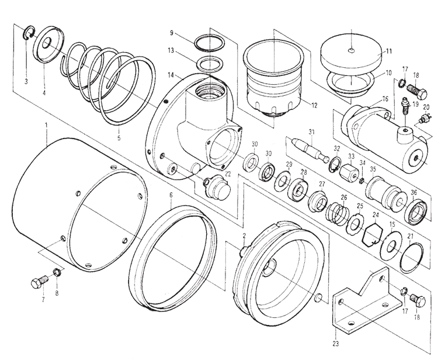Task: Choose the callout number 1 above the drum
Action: click(x=46, y=124)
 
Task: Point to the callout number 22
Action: click(x=227, y=174)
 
